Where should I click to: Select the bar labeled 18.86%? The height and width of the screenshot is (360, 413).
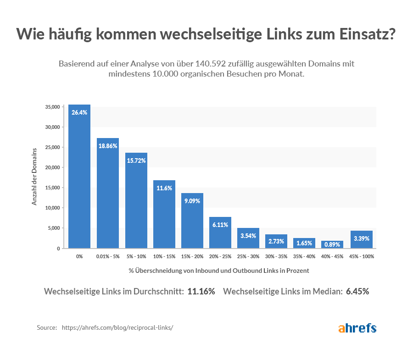point(108,193)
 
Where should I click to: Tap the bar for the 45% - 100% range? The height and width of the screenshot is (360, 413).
point(362,239)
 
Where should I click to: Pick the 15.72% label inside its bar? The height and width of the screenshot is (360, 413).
point(136,161)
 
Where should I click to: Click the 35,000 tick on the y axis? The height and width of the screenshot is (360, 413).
point(52,107)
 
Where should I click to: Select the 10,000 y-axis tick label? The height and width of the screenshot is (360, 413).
point(52,208)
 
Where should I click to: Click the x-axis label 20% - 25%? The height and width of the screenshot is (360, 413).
point(220,256)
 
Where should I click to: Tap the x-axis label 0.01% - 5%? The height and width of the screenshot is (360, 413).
point(108,256)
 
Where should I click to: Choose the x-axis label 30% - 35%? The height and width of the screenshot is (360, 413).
point(277,256)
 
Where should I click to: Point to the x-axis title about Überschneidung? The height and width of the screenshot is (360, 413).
point(219,271)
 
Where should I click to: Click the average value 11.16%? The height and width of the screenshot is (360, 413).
point(201,292)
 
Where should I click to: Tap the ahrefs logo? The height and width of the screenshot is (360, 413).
point(357,328)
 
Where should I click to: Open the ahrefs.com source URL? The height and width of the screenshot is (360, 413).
point(117,328)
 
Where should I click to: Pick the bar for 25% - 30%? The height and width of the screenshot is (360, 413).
point(248,238)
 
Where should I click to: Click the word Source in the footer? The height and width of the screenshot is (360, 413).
point(47,328)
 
